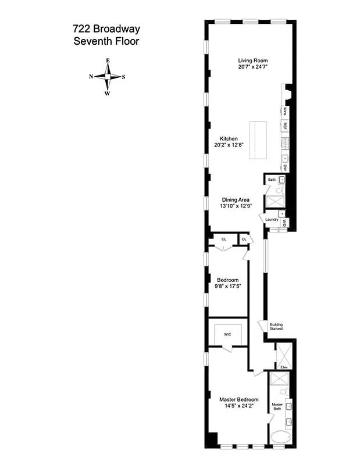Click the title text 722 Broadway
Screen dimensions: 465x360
click(x=106, y=29)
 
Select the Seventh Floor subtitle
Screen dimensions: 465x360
click(x=106, y=41)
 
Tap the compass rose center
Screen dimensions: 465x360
click(x=108, y=77)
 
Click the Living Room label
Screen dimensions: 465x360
click(x=252, y=60)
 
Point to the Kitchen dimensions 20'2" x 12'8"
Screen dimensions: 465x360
click(x=229, y=145)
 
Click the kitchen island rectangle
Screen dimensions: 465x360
click(x=258, y=139)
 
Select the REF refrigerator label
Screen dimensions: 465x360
click(x=285, y=126)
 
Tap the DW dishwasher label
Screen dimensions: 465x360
click(x=285, y=167)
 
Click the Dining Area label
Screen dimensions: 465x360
click(x=235, y=200)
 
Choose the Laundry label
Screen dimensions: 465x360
click(x=272, y=219)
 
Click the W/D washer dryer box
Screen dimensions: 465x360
click(x=284, y=223)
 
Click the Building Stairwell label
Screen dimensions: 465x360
click(x=276, y=327)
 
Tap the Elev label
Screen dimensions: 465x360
click(x=284, y=367)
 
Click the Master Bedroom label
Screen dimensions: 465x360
click(x=238, y=399)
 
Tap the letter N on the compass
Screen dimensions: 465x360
click(x=91, y=77)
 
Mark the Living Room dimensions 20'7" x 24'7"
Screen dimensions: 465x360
click(x=252, y=67)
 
